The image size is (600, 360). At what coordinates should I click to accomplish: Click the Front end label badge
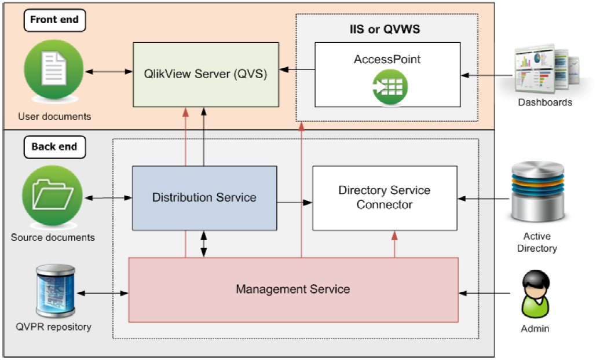click(54, 20)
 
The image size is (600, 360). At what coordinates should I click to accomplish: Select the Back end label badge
click(54, 146)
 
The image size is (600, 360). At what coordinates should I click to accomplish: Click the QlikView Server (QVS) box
click(206, 74)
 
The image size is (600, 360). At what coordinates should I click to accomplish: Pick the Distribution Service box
click(204, 198)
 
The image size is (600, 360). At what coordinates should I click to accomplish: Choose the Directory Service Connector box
click(385, 198)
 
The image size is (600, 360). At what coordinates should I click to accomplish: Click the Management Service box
click(293, 289)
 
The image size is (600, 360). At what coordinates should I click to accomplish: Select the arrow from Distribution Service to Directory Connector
click(295, 203)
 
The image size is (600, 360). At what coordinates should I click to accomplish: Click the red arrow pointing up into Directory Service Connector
click(395, 244)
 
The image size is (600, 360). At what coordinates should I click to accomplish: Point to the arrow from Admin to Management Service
click(486, 294)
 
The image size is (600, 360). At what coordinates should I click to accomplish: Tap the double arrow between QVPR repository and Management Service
click(102, 294)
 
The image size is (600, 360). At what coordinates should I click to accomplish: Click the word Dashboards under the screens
click(545, 102)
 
